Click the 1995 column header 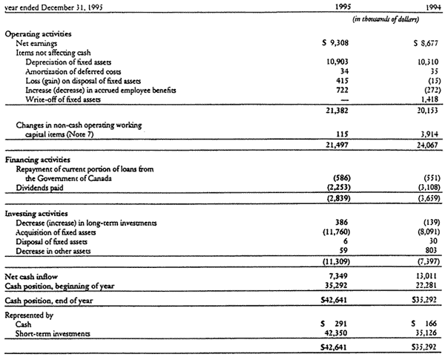tap(337, 7)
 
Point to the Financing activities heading tap(35, 160)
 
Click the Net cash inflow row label tap(30, 276)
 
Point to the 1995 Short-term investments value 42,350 tap(334, 333)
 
